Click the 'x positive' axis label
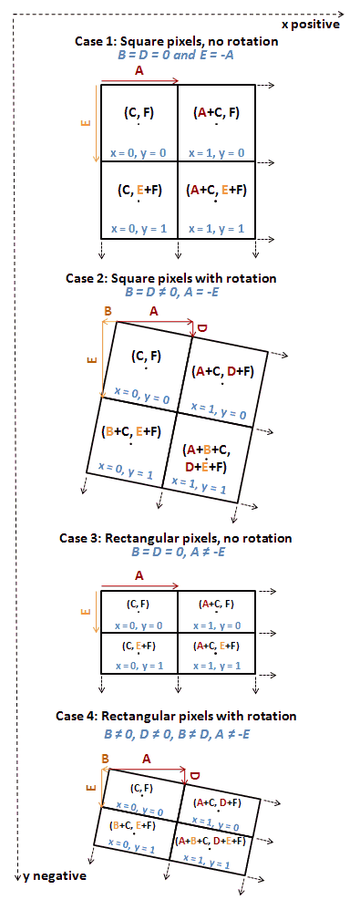pos(311,25)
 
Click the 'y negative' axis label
pos(55,875)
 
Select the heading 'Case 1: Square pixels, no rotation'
pos(176,42)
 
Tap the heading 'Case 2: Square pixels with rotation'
pos(171,278)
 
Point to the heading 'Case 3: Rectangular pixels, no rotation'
pos(176,538)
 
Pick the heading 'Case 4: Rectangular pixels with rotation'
pos(176,716)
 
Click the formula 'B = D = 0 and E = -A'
pos(176,56)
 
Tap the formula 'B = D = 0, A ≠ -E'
pos(175,552)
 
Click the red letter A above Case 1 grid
pos(139,71)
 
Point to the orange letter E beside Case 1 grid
pos(85,122)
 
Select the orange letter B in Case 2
pos(108,311)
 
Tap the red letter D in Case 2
pos(202,328)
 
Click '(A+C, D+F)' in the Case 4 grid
pos(217,802)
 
